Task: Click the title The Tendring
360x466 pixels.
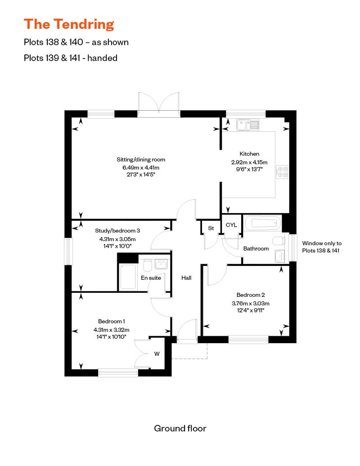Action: point(69,24)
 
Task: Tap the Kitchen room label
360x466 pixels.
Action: point(249,154)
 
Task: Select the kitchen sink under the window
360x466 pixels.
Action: point(247,124)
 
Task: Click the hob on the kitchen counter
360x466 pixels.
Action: point(283,171)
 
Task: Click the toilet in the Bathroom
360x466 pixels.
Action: point(279,240)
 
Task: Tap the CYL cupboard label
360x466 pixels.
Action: point(231,225)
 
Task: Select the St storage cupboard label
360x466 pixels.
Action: point(210,228)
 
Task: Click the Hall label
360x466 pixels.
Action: point(186,278)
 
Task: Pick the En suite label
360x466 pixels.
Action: point(151,278)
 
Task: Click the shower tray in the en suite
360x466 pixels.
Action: point(128,276)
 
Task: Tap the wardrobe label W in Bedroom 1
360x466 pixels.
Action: point(157,354)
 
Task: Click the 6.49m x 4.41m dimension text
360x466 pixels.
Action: point(141,167)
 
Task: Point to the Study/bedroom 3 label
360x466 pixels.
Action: point(115,231)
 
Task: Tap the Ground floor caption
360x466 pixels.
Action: point(180,428)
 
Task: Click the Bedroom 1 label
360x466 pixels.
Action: point(111,321)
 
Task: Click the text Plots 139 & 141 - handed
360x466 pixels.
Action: point(71,58)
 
